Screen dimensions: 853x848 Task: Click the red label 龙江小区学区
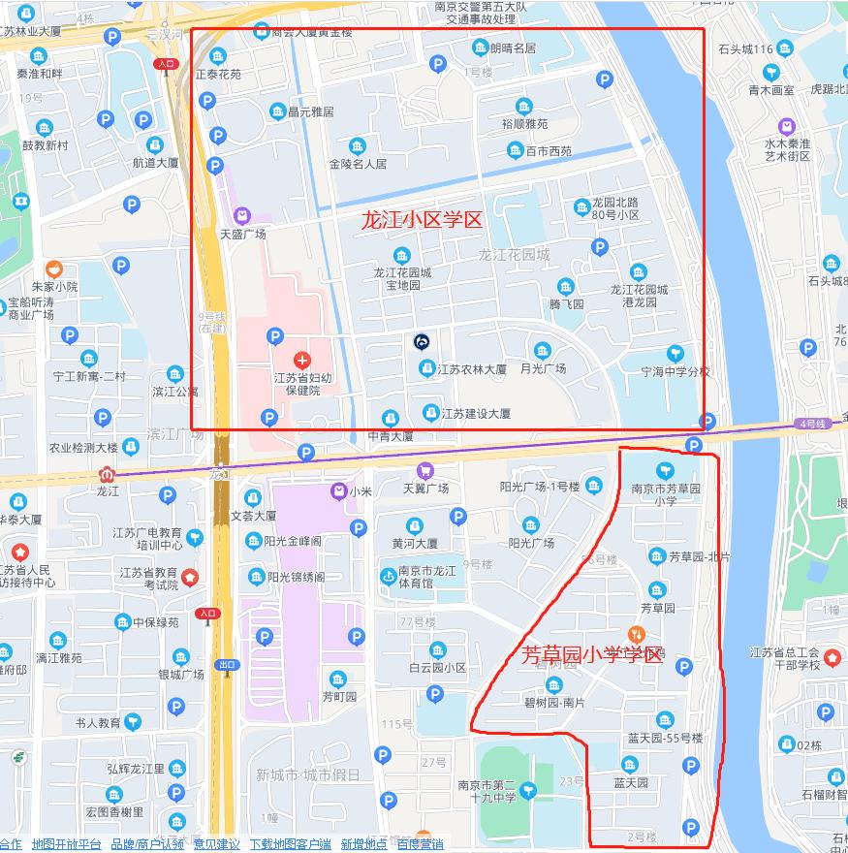[421, 220]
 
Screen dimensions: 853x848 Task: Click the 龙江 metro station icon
[106, 475]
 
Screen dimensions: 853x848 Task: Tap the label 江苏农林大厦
[471, 369]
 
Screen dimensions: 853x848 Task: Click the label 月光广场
[543, 368]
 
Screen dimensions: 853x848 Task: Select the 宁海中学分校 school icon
[675, 354]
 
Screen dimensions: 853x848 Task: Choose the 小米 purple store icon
[337, 491]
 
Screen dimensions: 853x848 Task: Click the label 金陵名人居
[358, 164]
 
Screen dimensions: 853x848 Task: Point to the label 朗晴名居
[513, 47]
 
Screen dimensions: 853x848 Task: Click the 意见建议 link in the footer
[216, 844]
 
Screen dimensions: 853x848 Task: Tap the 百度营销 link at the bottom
[420, 844]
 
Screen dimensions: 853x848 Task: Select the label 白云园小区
[437, 668]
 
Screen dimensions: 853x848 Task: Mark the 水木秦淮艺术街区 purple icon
[786, 127]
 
